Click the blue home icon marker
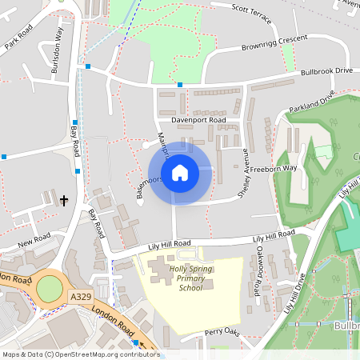(180, 172)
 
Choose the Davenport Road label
(193, 120)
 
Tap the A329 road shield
(80, 297)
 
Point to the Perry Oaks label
(222, 332)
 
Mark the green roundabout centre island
(48, 288)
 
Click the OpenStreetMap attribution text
(80, 354)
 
